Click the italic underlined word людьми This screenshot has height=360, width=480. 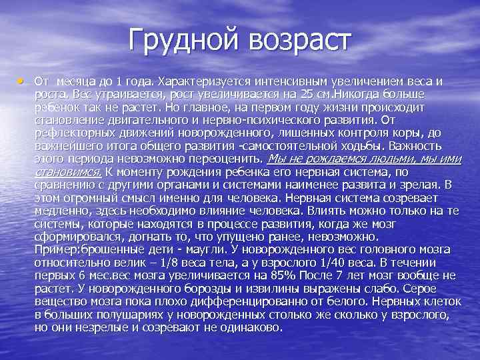(390, 159)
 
